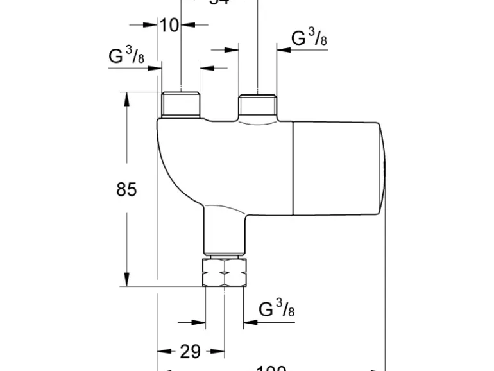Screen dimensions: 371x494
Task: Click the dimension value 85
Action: click(126, 189)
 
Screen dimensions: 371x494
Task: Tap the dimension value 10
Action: click(169, 25)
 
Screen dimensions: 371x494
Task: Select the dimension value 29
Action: click(190, 351)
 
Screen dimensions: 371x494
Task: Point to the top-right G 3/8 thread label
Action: click(309, 38)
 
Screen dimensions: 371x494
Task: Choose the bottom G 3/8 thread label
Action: click(277, 309)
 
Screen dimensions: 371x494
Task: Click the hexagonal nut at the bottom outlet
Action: click(225, 273)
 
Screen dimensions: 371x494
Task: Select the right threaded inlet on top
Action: click(258, 105)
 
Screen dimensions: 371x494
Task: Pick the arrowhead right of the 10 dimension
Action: click(187, 25)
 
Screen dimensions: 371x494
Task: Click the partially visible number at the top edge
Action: click(219, 3)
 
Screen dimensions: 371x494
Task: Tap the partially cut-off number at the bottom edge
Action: click(271, 368)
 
